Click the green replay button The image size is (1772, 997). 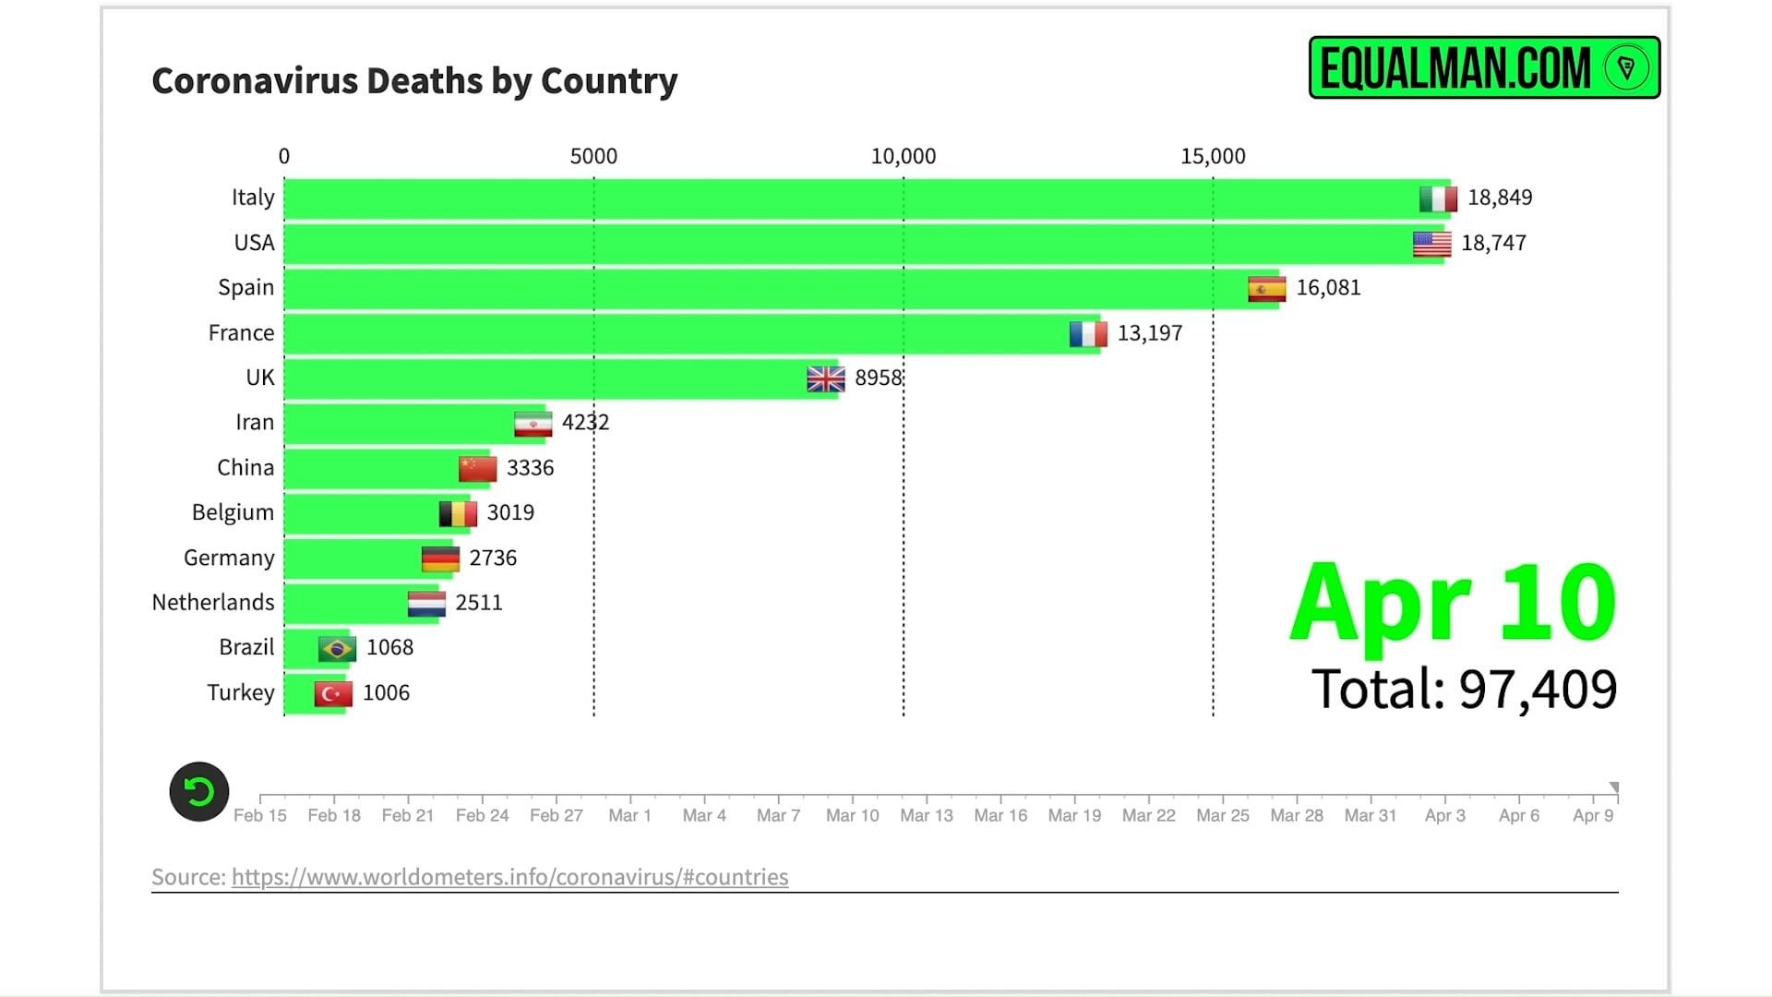coord(199,792)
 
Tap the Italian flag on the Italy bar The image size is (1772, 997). coord(1438,198)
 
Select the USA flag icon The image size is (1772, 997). coord(1431,244)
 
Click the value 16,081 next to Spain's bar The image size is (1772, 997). coord(1328,288)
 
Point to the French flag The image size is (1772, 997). coord(1088,333)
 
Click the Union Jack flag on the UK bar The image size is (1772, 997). coord(825,378)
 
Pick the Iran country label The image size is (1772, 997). coord(255,423)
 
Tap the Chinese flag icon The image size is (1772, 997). coord(477,468)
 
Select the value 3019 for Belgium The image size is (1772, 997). coord(510,512)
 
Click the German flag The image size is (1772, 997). coord(440,559)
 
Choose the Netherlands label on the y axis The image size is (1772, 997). coord(213,603)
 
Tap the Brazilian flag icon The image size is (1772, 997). coord(337,648)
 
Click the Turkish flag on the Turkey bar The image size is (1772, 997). coord(332,693)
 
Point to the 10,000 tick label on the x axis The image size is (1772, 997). coord(903,157)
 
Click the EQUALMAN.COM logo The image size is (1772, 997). coord(1484,67)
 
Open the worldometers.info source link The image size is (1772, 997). coord(509,877)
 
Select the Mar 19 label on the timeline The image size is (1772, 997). coord(1074,815)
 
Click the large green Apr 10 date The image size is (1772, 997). coord(1453,603)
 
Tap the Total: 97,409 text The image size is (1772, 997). coord(1464,690)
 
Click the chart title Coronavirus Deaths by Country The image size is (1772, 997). coord(414,81)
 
